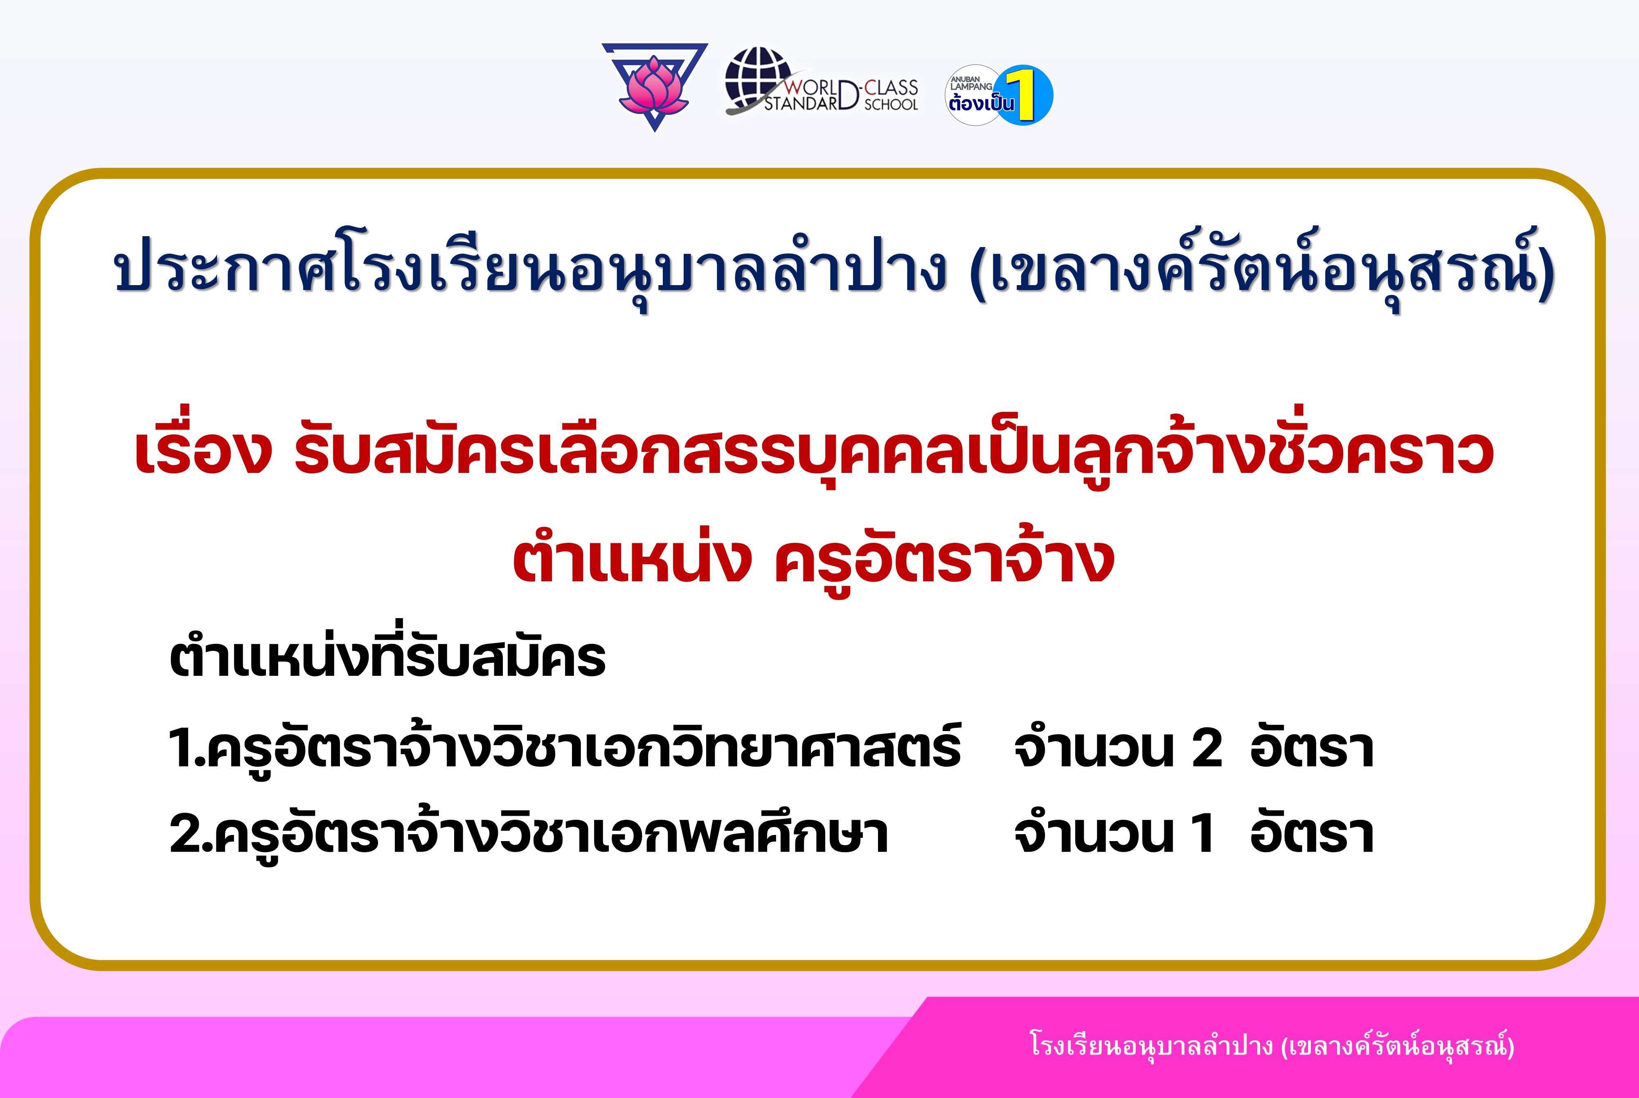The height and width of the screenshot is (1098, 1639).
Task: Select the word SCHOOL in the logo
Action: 891,104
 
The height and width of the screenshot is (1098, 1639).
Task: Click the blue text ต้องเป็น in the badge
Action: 981,103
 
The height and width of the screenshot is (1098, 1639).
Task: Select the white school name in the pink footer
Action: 1272,1046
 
